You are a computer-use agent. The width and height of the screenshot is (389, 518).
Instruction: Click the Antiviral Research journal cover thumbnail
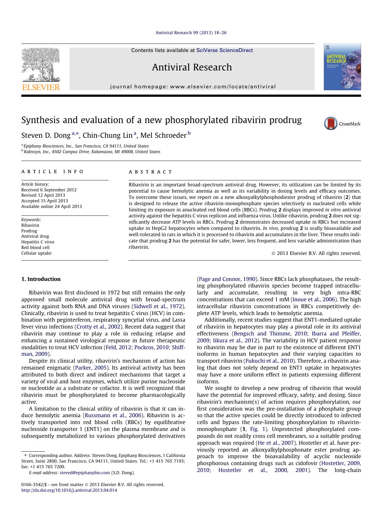342,67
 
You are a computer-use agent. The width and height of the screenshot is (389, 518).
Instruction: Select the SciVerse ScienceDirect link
224,50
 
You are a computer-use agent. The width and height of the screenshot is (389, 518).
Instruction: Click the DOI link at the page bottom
69,490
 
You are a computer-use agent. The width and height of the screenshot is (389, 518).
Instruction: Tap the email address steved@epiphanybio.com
85,473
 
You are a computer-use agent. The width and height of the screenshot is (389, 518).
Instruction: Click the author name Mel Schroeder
163,135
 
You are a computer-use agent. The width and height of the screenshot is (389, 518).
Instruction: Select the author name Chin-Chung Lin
108,135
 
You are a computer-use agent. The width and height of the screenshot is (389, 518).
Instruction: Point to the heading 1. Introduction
41,279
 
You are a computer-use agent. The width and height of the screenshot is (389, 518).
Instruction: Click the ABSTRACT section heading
150,172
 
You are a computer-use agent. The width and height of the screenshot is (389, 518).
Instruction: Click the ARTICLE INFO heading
52,172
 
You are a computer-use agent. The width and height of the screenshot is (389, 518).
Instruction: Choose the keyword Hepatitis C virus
38,242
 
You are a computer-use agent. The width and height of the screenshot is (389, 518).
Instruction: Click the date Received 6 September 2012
49,190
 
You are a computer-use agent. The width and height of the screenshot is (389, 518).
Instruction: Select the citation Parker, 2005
91,368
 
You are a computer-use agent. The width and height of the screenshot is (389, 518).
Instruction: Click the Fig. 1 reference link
258,429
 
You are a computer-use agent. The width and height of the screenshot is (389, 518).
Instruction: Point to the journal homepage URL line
193,87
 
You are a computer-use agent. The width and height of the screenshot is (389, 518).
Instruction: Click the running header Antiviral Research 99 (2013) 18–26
191,33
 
